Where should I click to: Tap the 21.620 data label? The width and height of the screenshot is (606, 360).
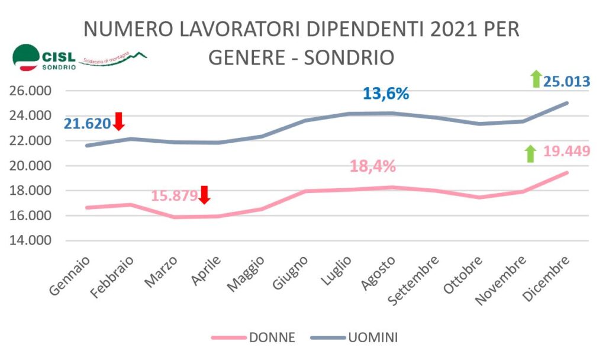(88, 124)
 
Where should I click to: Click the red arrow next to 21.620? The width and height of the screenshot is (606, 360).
(118, 121)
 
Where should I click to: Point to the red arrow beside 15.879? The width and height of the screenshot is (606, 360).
(204, 194)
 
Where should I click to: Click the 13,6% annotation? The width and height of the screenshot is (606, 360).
(386, 94)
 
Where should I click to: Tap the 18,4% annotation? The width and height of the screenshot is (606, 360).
(372, 166)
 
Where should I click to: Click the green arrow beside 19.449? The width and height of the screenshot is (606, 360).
(530, 154)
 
